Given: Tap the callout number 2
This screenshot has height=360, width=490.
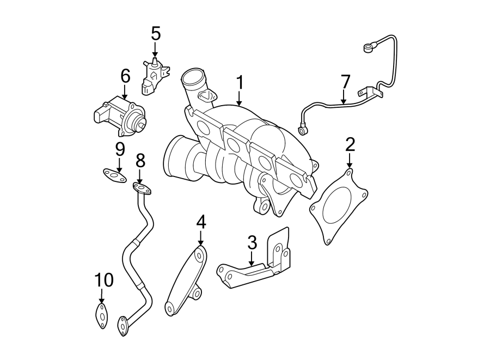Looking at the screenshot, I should (350, 144).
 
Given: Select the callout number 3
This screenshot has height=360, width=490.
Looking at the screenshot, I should (252, 242).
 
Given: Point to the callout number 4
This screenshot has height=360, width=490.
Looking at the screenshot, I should (201, 222).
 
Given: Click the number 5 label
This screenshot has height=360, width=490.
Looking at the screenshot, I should (156, 34).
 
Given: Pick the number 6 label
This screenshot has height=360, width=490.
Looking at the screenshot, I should (125, 76).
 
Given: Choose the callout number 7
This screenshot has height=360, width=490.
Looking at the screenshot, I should (345, 82).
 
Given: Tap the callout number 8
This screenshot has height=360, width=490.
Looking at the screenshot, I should (140, 160).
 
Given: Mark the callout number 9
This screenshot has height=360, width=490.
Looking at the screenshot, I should (120, 148).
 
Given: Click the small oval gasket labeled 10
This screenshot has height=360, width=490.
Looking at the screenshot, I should (101, 316).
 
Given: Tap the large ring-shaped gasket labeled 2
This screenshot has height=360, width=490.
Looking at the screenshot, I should (338, 207).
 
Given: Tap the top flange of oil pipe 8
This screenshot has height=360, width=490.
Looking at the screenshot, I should (142, 190).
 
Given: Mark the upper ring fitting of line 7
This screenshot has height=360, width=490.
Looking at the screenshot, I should (369, 49).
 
